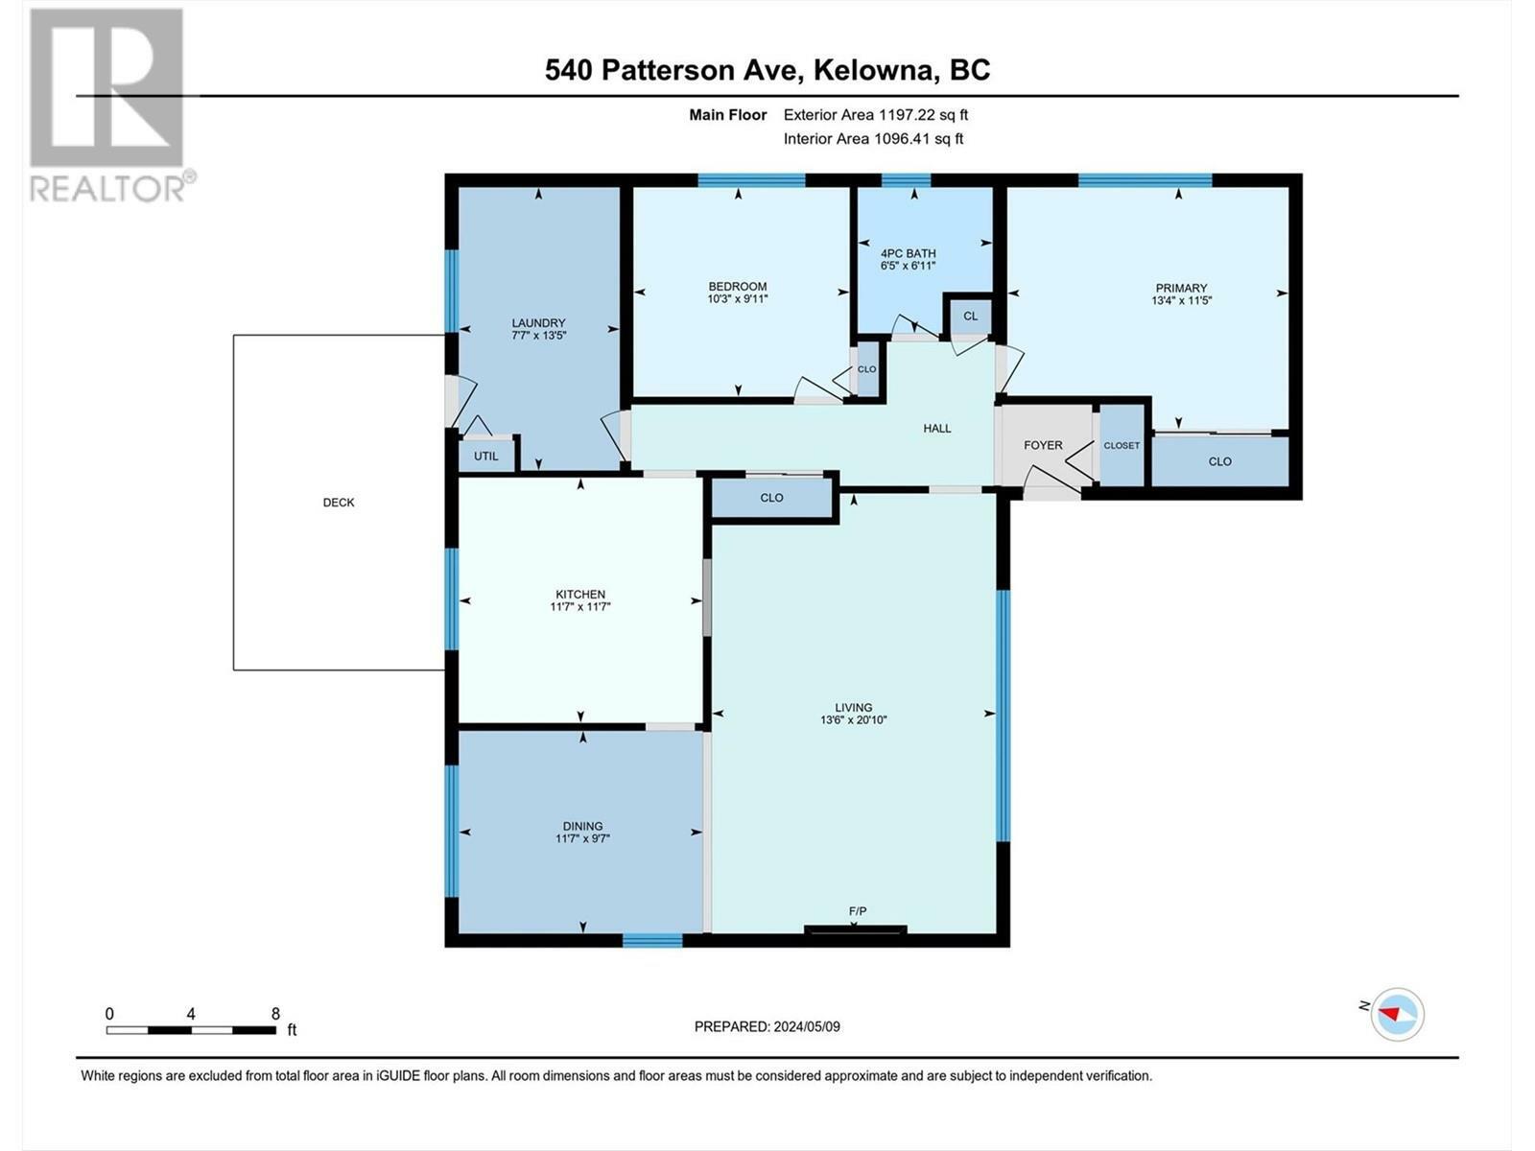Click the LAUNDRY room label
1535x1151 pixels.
538,323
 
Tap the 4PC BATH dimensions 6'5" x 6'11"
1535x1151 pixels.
908,266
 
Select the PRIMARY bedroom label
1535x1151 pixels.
1181,288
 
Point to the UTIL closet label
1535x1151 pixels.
486,457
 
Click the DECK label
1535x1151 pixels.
339,503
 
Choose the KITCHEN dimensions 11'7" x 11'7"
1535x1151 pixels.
580,607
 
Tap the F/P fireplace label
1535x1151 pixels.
858,911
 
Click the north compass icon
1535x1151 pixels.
1397,1014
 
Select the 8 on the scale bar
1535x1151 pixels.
275,1014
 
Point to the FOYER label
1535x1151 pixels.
1043,445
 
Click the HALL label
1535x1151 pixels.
937,429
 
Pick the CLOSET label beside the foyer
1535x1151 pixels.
1122,446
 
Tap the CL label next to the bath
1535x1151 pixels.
971,316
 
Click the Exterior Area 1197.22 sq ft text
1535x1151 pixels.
875,115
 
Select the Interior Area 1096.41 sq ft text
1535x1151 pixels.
873,139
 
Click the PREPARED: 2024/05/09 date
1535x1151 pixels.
767,1026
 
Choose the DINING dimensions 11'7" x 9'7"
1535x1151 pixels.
582,838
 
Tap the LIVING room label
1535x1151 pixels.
853,707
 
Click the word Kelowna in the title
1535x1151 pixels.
873,70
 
